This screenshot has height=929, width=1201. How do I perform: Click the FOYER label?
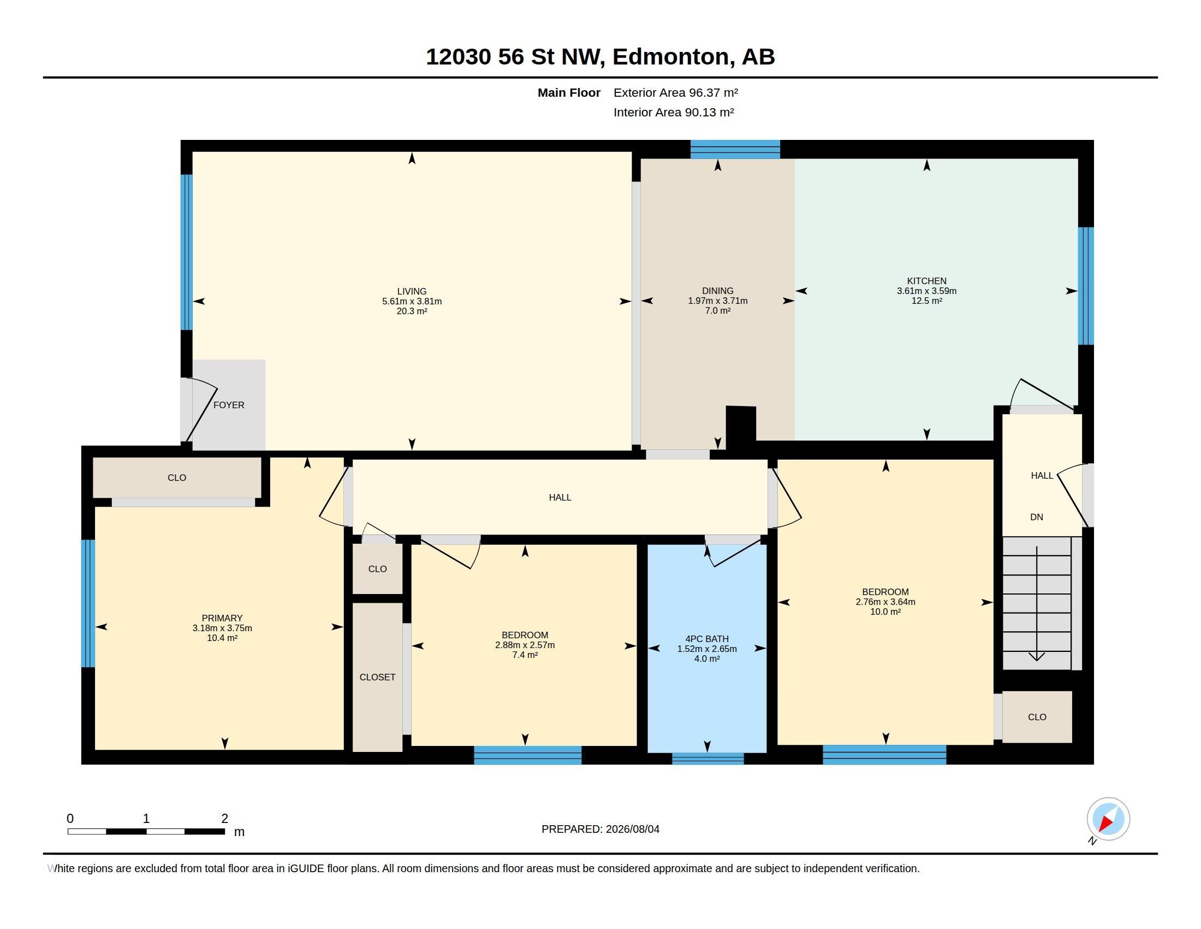pyautogui.click(x=229, y=405)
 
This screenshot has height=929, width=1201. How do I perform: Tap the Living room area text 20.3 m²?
pyautogui.click(x=412, y=311)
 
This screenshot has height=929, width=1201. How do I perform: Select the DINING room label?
pyautogui.click(x=718, y=291)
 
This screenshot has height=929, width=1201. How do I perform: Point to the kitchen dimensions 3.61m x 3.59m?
pyautogui.click(x=926, y=291)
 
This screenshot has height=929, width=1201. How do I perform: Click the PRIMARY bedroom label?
pyautogui.click(x=222, y=618)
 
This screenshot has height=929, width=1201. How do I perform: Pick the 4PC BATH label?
pyautogui.click(x=707, y=639)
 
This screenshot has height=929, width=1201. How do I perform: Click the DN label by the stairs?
pyautogui.click(x=1037, y=518)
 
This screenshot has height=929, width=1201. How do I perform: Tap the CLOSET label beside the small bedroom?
pyautogui.click(x=377, y=678)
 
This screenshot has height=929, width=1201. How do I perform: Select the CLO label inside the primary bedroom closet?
pyautogui.click(x=177, y=478)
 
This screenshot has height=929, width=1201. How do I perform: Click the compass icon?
pyautogui.click(x=1108, y=819)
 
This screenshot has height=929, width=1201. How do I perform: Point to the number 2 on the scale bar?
pyautogui.click(x=224, y=819)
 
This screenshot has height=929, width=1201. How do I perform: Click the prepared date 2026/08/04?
pyautogui.click(x=632, y=829)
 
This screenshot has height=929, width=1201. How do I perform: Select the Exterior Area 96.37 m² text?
pyautogui.click(x=676, y=92)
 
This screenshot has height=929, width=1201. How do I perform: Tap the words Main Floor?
pyautogui.click(x=569, y=92)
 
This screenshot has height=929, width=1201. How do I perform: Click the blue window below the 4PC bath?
pyautogui.click(x=707, y=759)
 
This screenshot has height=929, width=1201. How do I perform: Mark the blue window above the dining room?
pyautogui.click(x=735, y=149)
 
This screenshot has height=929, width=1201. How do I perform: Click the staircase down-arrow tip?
pyautogui.click(x=1037, y=660)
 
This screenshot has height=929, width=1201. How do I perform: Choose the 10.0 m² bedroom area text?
pyautogui.click(x=885, y=612)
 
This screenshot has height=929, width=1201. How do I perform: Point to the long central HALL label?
pyautogui.click(x=560, y=497)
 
